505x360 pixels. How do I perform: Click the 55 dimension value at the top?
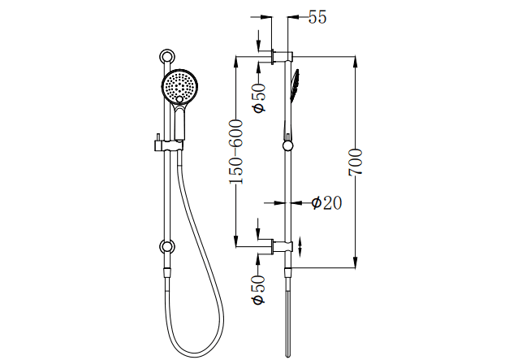pyautogui.click(x=317, y=19)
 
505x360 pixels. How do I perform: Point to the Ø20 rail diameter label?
pyautogui.click(x=326, y=203)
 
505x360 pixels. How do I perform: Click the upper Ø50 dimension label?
pyautogui.click(x=259, y=97)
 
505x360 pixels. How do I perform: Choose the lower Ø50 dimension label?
pyautogui.click(x=258, y=289)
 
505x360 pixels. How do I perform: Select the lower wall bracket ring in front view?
pyautogui.click(x=167, y=246)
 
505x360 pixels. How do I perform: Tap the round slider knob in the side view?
pyautogui.click(x=287, y=146)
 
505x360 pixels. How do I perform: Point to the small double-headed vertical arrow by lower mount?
pyautogui.click(x=302, y=245)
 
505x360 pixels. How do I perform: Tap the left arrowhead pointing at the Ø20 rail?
pyautogui.click(x=273, y=203)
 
